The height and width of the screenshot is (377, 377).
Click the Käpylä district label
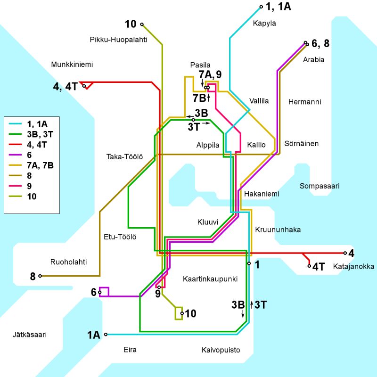point(264,23)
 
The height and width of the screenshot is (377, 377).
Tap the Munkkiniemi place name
point(71,65)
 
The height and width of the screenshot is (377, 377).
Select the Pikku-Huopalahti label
point(118,40)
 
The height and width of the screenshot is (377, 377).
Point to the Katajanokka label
point(353,267)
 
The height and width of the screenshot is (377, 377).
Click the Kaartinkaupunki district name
point(210,279)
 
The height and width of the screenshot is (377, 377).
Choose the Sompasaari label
point(320,186)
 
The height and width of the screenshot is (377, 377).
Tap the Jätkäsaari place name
point(30,335)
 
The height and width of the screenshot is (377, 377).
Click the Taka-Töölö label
point(125,156)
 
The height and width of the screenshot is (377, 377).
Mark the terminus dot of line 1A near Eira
point(106,335)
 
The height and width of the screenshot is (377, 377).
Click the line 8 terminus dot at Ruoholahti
point(41,276)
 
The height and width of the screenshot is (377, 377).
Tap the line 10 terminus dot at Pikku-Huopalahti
point(141,25)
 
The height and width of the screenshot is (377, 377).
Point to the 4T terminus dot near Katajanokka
point(310,266)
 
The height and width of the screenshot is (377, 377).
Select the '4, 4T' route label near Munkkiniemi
point(66,86)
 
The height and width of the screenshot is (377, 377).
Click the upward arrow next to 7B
point(208,98)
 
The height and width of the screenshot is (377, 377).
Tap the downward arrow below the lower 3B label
point(243,314)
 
